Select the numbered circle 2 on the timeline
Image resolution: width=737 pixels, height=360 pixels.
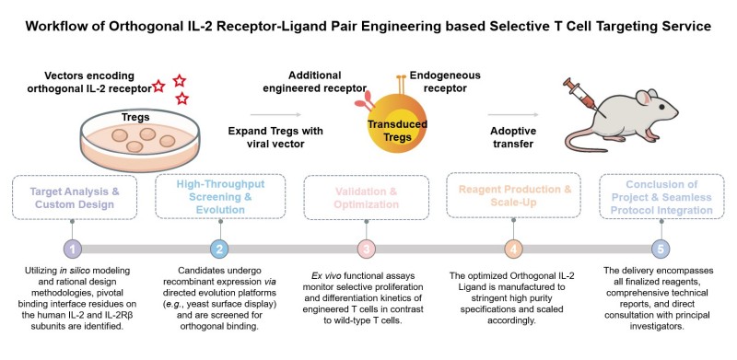[218, 248]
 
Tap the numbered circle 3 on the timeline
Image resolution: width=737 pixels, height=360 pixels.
[366, 248]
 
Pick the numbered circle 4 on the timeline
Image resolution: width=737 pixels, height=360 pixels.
[513, 248]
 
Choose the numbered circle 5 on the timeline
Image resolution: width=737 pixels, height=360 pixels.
[660, 248]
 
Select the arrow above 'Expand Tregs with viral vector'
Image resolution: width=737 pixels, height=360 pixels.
[273, 115]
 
